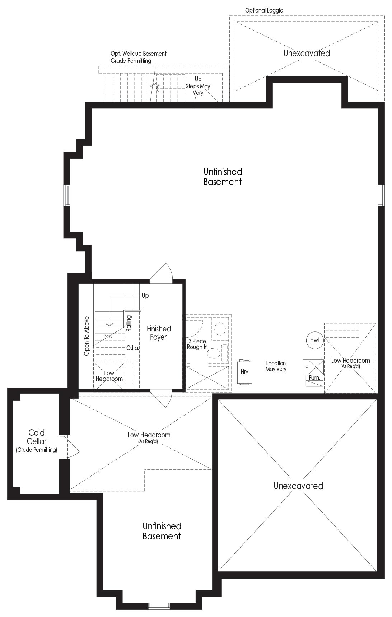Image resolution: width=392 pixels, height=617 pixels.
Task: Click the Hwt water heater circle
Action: pyautogui.click(x=314, y=340)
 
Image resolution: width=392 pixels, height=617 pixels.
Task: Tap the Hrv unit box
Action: pyautogui.click(x=244, y=372)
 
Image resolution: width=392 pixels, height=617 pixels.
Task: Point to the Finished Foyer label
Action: pyautogui.click(x=159, y=333)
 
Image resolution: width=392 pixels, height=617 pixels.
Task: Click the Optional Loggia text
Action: pyautogui.click(x=264, y=10)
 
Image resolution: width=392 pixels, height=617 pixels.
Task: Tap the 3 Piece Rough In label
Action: pyautogui.click(x=197, y=344)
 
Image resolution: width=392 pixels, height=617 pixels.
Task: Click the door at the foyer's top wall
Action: pyautogui.click(x=162, y=272)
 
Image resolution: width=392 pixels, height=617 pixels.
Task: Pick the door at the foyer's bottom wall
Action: pyautogui.click(x=161, y=398)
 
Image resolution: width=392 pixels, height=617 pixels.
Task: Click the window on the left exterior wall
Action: pyautogui.click(x=67, y=195)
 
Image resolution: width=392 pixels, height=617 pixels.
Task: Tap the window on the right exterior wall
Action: pyautogui.click(x=381, y=195)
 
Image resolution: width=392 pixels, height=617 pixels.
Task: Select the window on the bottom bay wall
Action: pyautogui.click(x=159, y=606)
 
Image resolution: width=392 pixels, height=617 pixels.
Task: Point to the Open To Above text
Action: pyautogui.click(x=87, y=336)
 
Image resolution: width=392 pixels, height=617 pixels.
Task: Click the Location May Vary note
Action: pyautogui.click(x=276, y=366)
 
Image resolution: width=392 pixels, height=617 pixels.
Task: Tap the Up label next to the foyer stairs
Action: pyautogui.click(x=145, y=296)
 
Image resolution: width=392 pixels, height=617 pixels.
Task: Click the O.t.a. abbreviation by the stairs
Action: pyautogui.click(x=132, y=348)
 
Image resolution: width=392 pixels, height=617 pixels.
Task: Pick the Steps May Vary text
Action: pyautogui.click(x=198, y=89)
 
